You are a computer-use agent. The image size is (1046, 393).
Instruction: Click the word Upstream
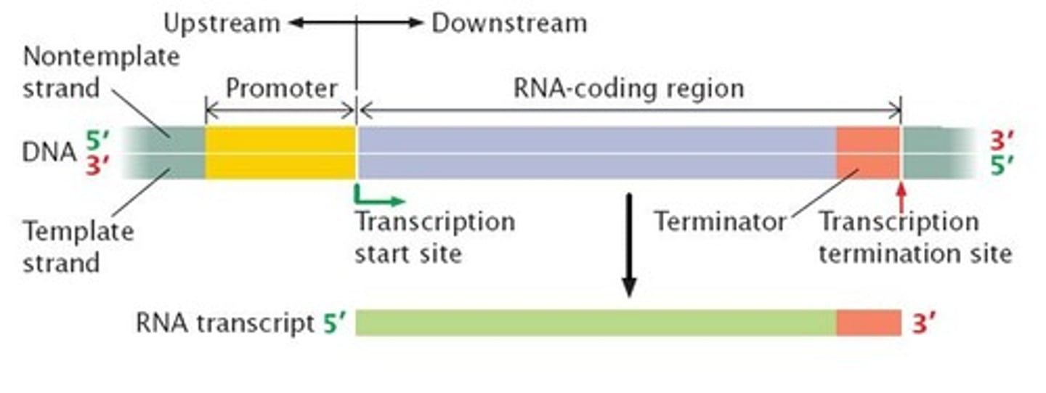(221, 23)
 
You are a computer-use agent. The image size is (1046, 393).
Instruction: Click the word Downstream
(509, 23)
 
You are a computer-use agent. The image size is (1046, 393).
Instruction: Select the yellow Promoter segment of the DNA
(280, 153)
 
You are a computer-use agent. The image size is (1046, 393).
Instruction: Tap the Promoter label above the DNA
(281, 89)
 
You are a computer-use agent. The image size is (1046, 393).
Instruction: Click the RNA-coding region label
(629, 89)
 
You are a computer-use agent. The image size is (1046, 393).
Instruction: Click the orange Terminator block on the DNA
(867, 153)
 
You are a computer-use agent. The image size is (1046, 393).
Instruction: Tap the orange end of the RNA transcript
(868, 323)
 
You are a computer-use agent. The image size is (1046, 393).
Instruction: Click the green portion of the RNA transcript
(596, 323)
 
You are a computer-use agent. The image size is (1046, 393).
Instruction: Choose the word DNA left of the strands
(49, 153)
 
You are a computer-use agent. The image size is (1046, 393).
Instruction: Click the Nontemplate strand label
(100, 72)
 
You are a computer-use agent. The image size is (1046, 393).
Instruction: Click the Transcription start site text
(434, 237)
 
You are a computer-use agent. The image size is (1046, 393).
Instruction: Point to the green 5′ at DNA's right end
(1002, 166)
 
